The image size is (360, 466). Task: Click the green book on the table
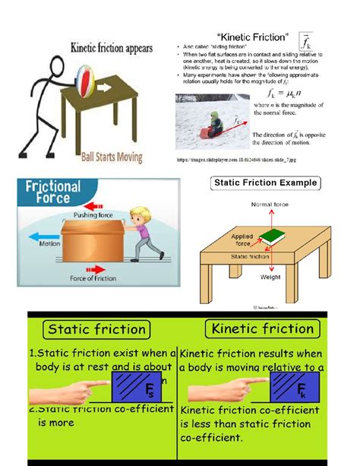[x=273, y=237]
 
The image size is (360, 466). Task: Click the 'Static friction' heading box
[x=97, y=329]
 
